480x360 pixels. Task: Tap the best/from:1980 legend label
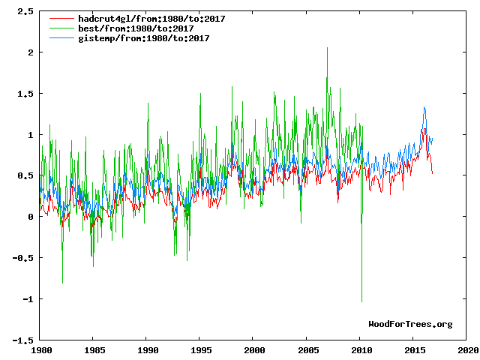point(136,28)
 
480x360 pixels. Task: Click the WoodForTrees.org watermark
point(410,324)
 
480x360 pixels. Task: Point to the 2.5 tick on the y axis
point(26,12)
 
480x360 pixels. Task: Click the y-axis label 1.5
point(26,94)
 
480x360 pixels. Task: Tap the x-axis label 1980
point(40,350)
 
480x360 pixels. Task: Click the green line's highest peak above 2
point(327,48)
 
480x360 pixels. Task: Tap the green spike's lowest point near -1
point(361,301)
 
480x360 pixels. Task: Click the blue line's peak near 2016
point(424,107)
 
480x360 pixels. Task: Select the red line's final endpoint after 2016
point(432,173)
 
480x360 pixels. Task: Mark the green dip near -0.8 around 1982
point(62,283)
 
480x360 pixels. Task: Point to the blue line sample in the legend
point(62,38)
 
